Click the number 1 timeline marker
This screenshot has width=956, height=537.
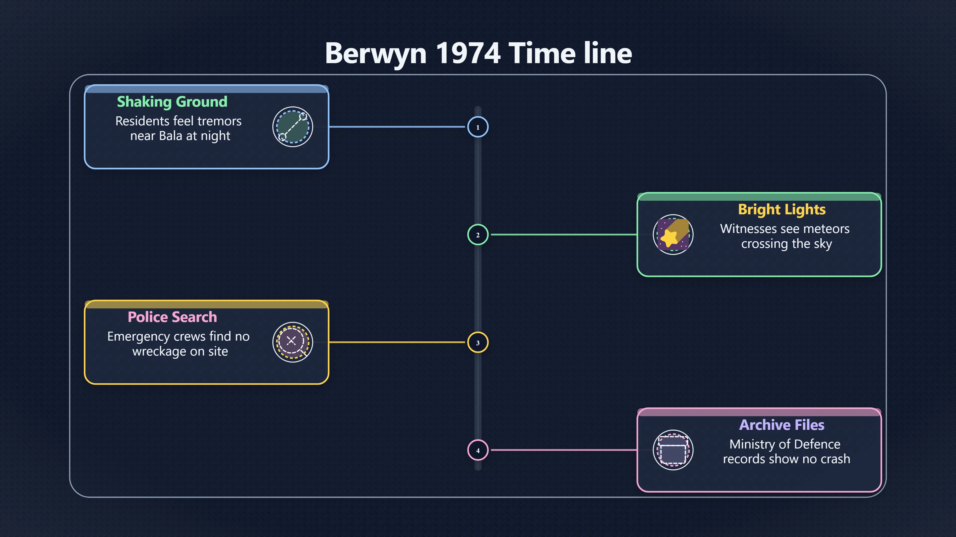(478, 127)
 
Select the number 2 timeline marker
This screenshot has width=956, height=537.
(478, 235)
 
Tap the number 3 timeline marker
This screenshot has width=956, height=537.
(478, 342)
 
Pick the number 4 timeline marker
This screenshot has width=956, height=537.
(478, 450)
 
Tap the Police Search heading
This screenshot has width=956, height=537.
(172, 317)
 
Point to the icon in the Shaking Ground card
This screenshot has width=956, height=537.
(293, 127)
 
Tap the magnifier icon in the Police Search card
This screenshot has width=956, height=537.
(293, 342)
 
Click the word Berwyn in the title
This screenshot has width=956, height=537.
(376, 53)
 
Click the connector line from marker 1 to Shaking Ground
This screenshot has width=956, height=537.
(397, 127)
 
